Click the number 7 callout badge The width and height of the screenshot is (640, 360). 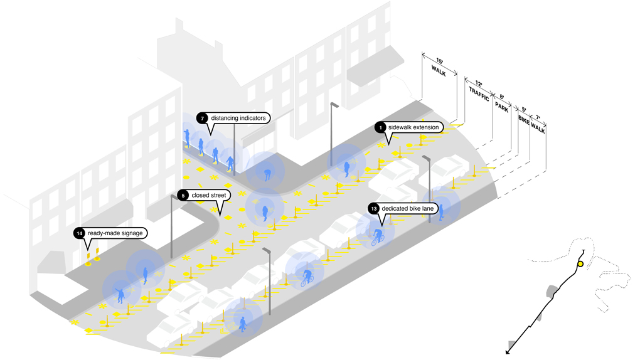coord(201,118)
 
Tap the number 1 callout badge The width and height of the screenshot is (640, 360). coord(380,127)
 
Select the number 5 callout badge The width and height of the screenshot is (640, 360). coord(183,195)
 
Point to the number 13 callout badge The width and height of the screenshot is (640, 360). coord(374,208)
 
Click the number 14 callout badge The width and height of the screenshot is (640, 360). coord(79,233)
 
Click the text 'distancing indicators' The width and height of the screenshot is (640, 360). coord(238,118)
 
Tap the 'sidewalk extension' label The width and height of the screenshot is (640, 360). coord(414,127)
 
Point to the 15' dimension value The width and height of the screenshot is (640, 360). coord(439,61)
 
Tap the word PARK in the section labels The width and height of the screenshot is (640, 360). coord(501,105)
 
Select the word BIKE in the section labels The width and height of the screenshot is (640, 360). coord(523,119)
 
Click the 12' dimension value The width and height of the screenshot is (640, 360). coord(479,82)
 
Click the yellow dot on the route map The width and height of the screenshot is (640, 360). coord(580,264)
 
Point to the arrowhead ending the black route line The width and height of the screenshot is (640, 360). coord(508,352)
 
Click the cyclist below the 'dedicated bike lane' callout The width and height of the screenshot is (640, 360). coord(376,236)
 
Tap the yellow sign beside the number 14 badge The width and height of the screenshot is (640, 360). coord(97,254)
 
